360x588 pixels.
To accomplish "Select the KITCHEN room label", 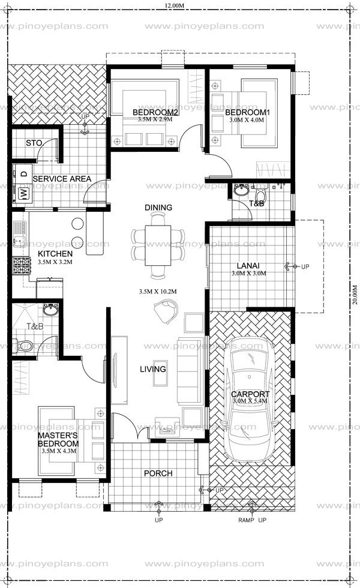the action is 55,254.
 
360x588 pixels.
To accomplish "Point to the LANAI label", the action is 248,266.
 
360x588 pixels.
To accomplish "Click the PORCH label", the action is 158,473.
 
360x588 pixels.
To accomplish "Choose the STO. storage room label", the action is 34,143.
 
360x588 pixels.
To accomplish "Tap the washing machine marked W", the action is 23,194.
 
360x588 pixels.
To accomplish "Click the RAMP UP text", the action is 252,520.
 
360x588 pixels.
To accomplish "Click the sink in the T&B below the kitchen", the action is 50,310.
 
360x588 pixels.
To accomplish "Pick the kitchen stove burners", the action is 22,265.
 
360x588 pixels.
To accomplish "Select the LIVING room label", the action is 152,369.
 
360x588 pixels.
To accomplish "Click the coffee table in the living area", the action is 160,373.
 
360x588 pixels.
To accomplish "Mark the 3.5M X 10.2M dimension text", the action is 157,292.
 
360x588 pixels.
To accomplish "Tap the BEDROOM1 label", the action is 247,112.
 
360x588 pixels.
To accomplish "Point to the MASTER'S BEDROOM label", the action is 58,439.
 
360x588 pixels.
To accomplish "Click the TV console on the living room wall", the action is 119,370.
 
